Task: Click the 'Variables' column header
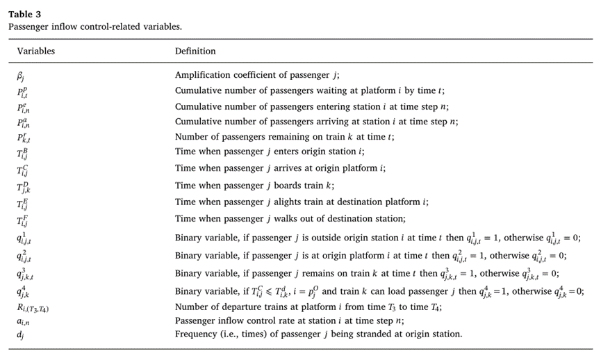pos(36,51)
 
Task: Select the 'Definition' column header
pos(195,51)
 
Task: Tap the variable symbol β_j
pos(22,75)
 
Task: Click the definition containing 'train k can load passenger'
pos(379,291)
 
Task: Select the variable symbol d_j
pos(20,334)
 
